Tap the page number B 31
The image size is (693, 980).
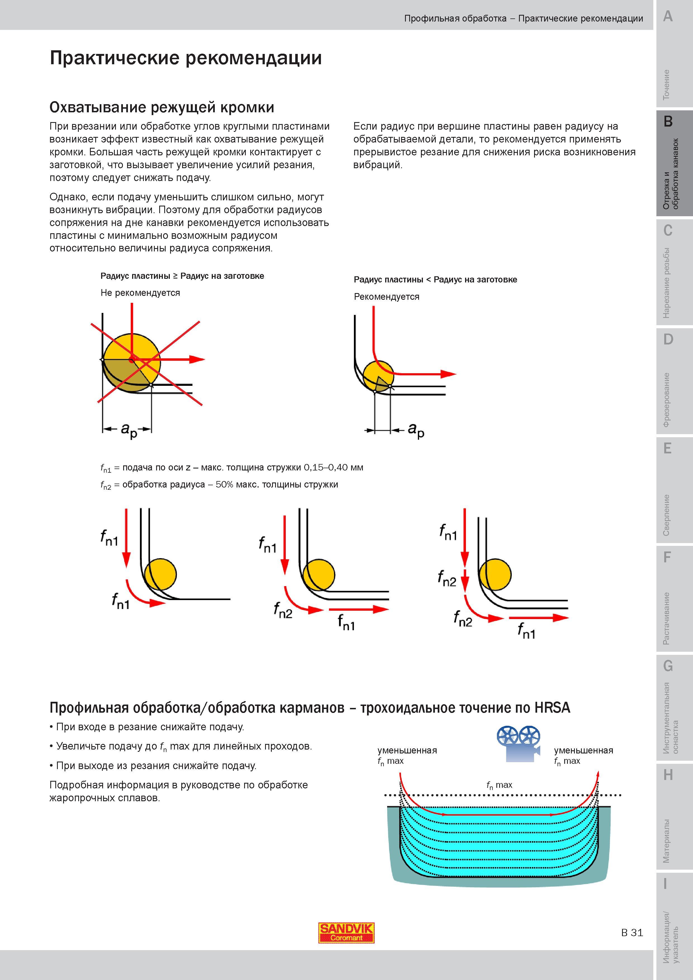pos(632,933)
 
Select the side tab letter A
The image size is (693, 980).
pos(668,16)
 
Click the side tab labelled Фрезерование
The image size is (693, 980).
pos(666,400)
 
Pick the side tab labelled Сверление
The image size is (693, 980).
pos(666,515)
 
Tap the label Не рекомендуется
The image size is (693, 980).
pos(140,293)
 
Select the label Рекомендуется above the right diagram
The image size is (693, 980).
pos(387,297)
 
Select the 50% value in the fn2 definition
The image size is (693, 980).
pos(225,484)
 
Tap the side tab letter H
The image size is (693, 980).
pos(668,775)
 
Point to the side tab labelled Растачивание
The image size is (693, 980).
pos(666,618)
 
